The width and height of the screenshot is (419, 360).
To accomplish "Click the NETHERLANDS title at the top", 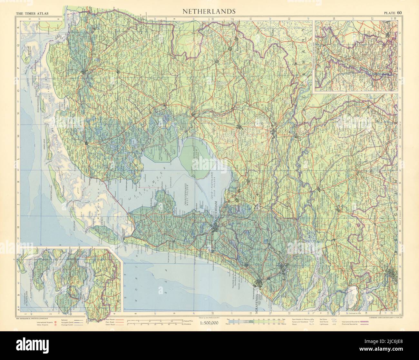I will [x=209, y=11].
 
